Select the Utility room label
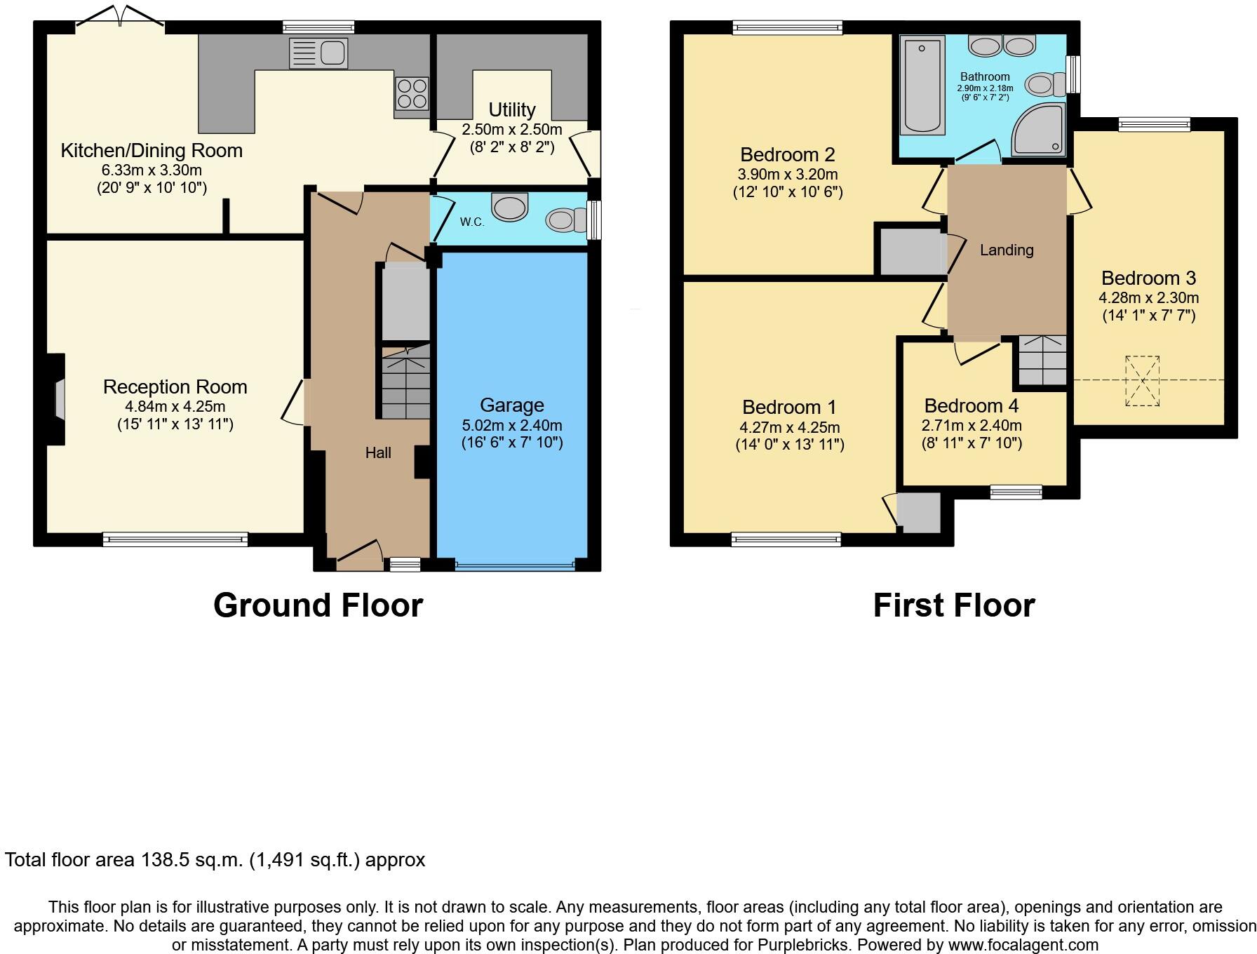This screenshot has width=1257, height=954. pos(511,110)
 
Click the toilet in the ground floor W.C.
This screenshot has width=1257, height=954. pos(565,220)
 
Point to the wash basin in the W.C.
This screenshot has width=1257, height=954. pos(510,206)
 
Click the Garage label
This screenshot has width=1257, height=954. pos(511,405)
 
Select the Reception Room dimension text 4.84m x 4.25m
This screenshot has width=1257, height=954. pos(175,407)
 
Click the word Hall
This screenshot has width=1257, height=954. pos(378,453)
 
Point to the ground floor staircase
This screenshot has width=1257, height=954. pos(405,382)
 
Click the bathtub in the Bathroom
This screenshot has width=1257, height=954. pos(922,85)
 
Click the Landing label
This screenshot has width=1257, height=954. pos(1007,250)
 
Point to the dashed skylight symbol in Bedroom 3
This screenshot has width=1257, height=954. pos(1142,381)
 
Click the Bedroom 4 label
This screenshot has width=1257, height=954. pos(971,406)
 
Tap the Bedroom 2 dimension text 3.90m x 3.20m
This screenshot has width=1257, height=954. pos(787,175)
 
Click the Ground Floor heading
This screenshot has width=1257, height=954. pos(318,605)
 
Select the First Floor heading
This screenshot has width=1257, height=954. pos(953,605)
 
